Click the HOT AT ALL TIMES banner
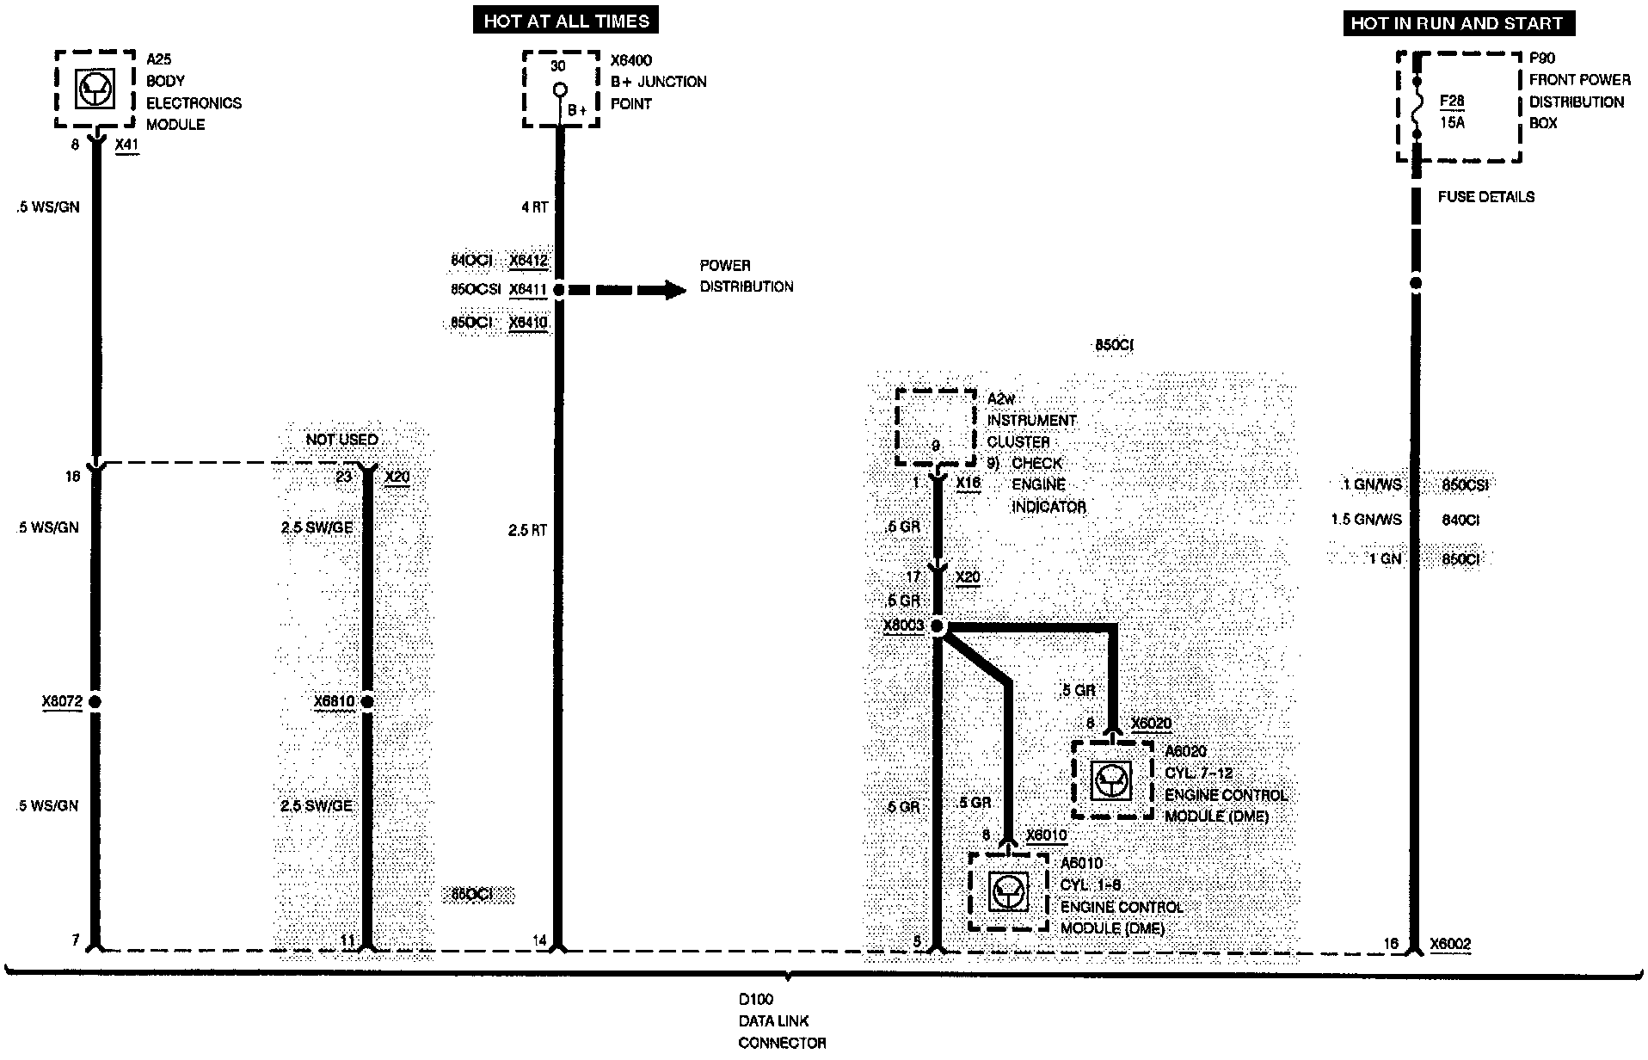(566, 21)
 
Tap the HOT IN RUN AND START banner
(1458, 23)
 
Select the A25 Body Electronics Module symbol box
(95, 89)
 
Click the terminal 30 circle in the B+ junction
(559, 89)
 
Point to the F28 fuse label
(1452, 102)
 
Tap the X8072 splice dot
(95, 702)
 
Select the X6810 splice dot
(367, 702)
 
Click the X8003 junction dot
(938, 627)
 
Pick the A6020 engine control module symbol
(1111, 780)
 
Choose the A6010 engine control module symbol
(1008, 891)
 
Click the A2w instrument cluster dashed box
(936, 428)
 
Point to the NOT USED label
(341, 440)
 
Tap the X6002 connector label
(1450, 944)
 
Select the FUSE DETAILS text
(1485, 197)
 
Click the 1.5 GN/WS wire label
(1366, 520)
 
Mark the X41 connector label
(126, 145)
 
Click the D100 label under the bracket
(756, 1000)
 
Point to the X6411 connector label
(527, 290)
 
